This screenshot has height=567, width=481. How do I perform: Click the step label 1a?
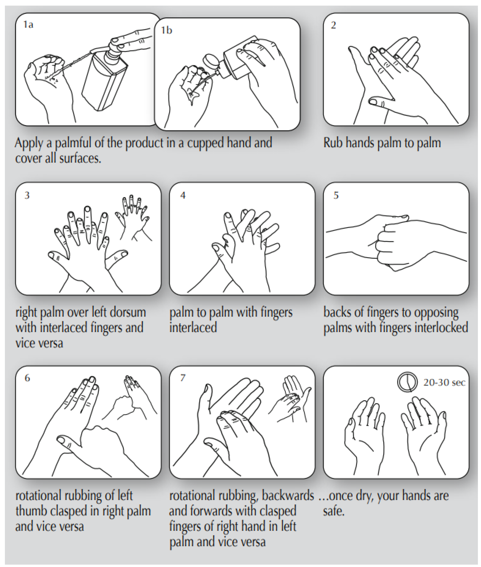point(28,25)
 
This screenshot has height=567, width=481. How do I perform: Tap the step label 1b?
point(166,30)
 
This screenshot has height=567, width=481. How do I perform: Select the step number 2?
point(333,25)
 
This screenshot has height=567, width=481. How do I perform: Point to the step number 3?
point(27,195)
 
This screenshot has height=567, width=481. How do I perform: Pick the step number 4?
point(183,195)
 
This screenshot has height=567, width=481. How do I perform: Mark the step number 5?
point(336,195)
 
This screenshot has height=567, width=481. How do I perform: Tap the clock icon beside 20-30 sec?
point(407,382)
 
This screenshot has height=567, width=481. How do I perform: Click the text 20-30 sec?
point(444,383)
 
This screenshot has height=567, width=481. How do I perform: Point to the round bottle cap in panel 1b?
point(211,62)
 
